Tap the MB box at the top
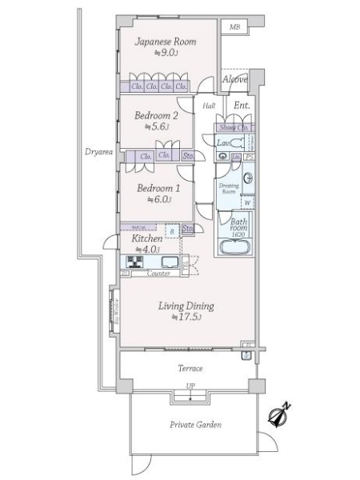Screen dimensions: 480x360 [x=234, y=28]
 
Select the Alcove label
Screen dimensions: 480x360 [x=234, y=80]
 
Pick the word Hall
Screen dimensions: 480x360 [x=209, y=106]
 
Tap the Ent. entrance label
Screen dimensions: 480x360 [x=242, y=106]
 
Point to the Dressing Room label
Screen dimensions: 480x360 [x=228, y=188]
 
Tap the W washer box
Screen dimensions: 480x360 [x=247, y=202]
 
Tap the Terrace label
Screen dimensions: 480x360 [x=190, y=369]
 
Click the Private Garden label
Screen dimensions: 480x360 [x=196, y=425]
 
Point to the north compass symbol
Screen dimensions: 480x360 [x=279, y=414]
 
